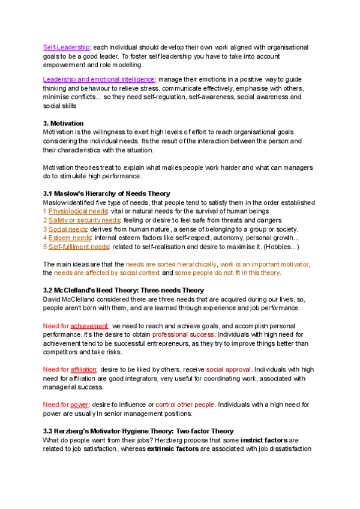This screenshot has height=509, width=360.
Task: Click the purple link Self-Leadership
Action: coord(66,47)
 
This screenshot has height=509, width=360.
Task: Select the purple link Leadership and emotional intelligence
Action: coord(99,79)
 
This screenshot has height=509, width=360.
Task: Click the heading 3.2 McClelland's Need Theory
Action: coord(123,291)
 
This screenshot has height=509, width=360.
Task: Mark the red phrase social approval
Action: coord(229,370)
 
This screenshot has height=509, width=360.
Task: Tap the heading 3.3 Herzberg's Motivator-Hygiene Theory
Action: coord(138,432)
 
